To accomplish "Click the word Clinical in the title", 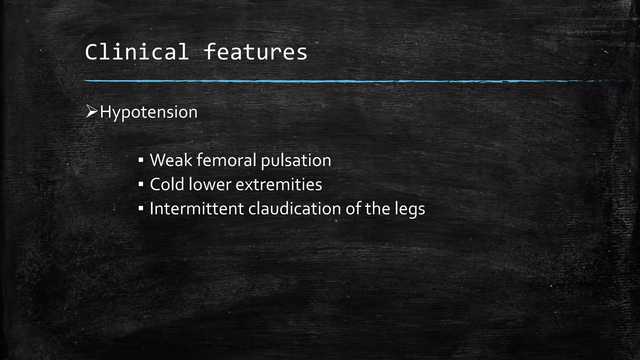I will [137, 52].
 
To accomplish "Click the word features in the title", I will [255, 52].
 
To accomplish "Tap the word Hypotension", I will [148, 112].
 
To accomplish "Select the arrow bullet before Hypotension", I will [92, 111].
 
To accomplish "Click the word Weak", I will [171, 160].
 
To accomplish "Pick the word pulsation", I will [296, 161].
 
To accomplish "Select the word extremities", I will [278, 184].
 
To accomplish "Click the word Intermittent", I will [197, 208].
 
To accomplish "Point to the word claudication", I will [294, 208].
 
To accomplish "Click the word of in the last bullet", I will [353, 208].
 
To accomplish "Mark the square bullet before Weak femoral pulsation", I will [141, 161].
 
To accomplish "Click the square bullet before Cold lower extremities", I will [141, 184].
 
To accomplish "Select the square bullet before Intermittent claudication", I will [141, 208].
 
